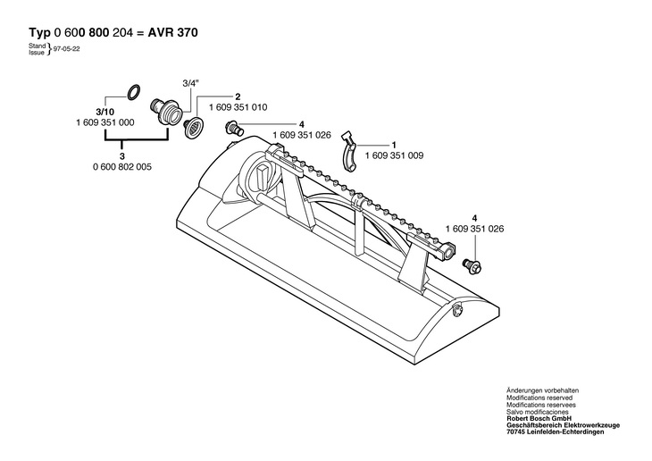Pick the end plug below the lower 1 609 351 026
472,264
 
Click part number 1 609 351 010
238,107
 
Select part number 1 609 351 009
394,155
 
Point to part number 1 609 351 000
105,122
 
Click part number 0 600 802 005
122,167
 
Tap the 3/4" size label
191,83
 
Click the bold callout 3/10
104,113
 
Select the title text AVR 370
172,32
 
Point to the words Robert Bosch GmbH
539,418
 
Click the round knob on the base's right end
456,310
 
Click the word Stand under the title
37,46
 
